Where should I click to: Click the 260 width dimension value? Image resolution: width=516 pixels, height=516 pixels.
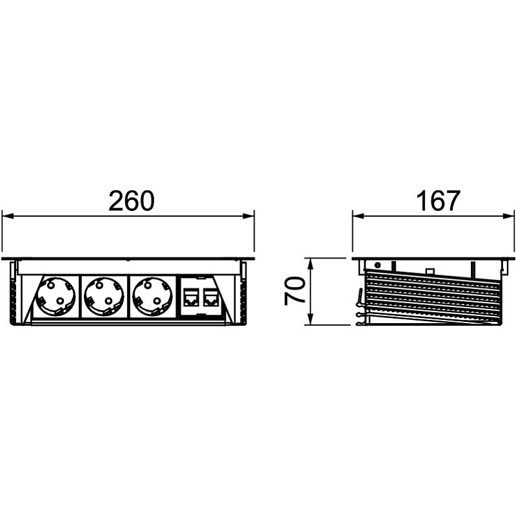click(x=132, y=201)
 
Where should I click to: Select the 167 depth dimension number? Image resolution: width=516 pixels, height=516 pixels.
click(x=438, y=201)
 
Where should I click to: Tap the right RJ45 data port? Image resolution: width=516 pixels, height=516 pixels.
click(x=210, y=297)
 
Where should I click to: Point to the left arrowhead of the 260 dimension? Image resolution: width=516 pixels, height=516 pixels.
click(x=8, y=216)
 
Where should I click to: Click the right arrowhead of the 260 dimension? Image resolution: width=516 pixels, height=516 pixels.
click(x=248, y=216)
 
